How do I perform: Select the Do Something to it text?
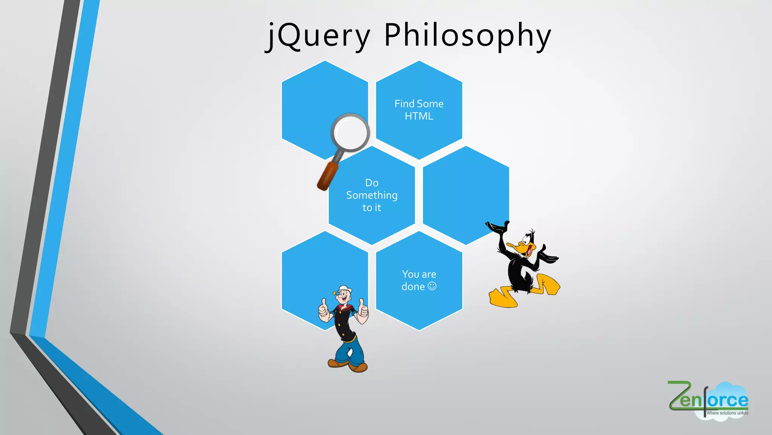[372, 195]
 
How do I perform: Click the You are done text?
[419, 280]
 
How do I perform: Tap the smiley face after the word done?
[432, 286]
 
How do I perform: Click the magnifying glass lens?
[350, 133]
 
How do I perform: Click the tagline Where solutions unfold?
[727, 413]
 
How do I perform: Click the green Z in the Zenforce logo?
[679, 395]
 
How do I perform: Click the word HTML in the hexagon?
[419, 116]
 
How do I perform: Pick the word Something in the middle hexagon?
[372, 195]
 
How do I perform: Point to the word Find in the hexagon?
[404, 104]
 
